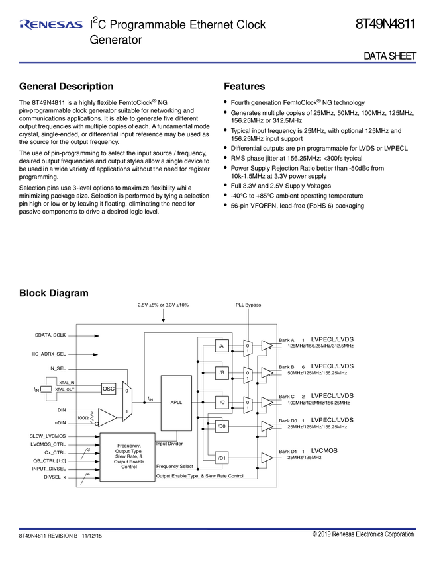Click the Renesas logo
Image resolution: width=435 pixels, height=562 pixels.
tap(51, 24)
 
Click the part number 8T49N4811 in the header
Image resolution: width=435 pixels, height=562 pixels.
tap(385, 24)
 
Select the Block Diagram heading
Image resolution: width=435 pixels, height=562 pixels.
tap(54, 293)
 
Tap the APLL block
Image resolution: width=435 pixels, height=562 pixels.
tap(176, 403)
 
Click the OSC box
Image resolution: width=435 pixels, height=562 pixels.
tap(109, 389)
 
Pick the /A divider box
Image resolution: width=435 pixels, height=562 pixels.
tap(222, 346)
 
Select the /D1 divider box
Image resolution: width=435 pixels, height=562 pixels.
tap(222, 458)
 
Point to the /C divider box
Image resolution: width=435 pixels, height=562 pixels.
tap(222, 403)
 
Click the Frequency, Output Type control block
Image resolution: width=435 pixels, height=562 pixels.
tap(127, 457)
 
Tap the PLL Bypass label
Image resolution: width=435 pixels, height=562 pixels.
tap(248, 305)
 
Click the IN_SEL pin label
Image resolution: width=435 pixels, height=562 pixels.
tap(58, 368)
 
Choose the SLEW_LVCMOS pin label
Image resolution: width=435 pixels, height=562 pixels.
tap(48, 436)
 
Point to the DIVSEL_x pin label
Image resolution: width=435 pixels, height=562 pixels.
tap(55, 477)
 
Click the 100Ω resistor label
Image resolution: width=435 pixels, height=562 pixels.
tap(83, 418)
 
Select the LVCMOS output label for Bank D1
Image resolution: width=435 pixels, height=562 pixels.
tap(324, 450)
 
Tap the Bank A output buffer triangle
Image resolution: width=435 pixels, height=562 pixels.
tap(267, 346)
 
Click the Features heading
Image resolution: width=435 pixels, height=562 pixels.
tap(244, 86)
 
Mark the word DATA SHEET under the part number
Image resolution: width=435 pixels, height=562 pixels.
tap(390, 56)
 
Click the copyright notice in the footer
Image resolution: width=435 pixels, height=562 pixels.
tap(363, 534)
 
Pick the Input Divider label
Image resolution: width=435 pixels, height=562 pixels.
tap(169, 444)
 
